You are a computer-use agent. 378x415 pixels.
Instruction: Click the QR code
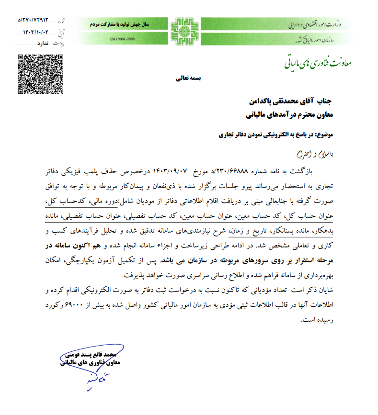click(40, 74)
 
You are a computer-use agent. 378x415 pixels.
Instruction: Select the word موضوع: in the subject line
click(330, 135)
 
